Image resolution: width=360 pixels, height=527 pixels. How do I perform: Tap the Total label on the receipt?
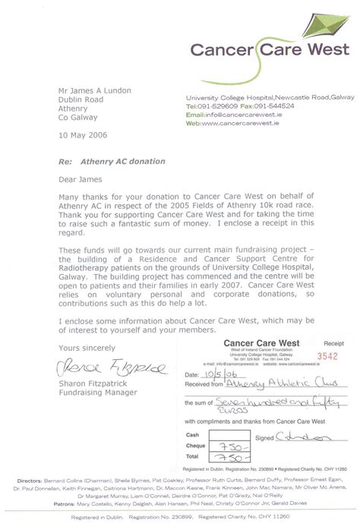pos(193,459)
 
